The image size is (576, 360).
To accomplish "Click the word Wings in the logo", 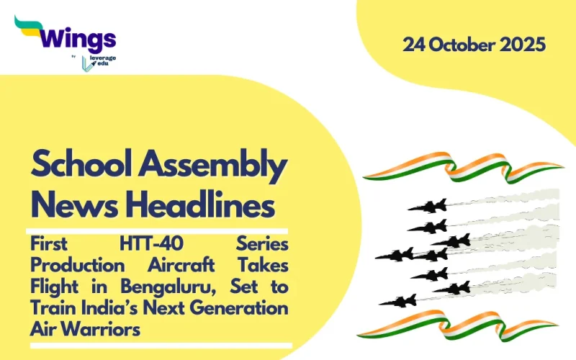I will point(78,37).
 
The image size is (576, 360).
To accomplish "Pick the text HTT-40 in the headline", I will point(136,246).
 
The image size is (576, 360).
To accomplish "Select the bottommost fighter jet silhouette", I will point(398,300).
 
